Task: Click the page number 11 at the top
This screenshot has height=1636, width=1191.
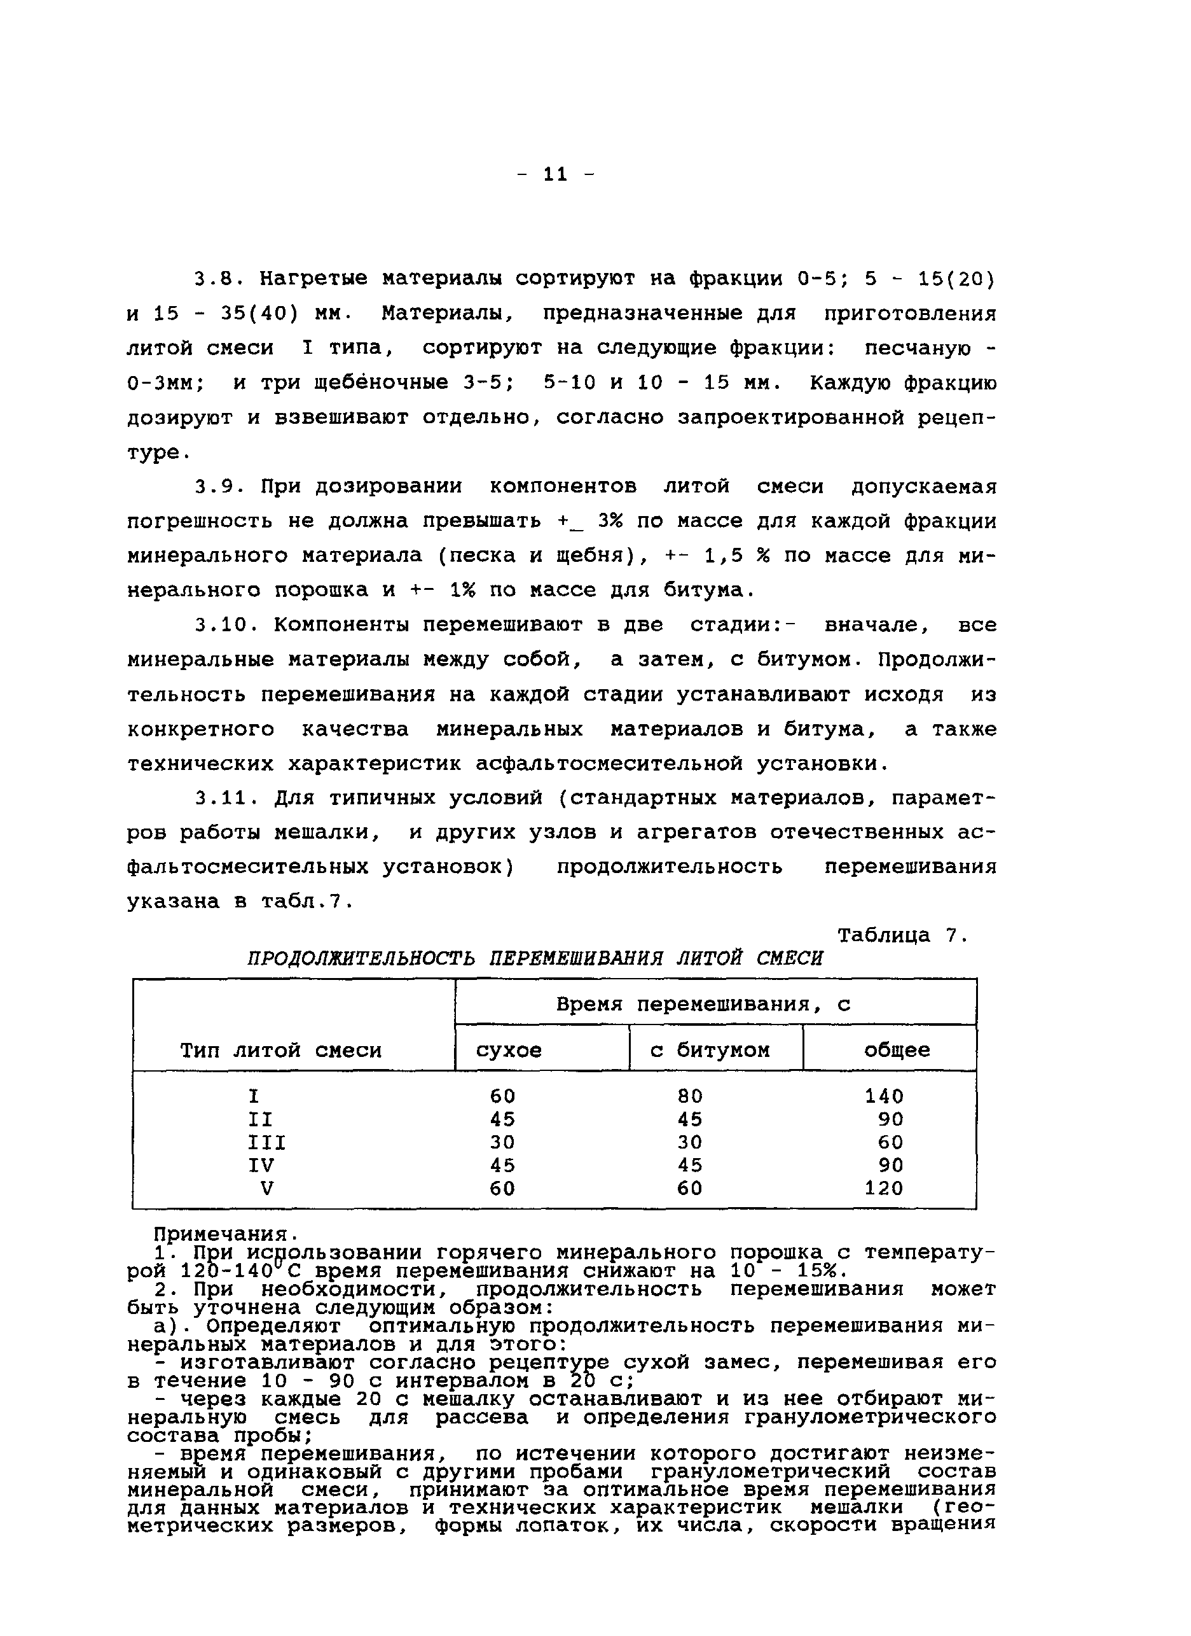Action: [x=555, y=174]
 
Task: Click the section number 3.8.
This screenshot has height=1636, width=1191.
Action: [x=220, y=279]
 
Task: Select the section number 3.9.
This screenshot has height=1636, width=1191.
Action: [x=220, y=487]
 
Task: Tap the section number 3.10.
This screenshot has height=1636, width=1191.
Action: [x=226, y=625]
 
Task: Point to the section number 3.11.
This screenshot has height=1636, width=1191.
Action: [x=226, y=799]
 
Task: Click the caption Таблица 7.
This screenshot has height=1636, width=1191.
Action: [x=900, y=935]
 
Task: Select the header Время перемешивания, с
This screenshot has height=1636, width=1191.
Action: [x=703, y=1004]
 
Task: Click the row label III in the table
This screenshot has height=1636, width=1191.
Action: [x=266, y=1143]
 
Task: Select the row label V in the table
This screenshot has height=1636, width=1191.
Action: [x=266, y=1188]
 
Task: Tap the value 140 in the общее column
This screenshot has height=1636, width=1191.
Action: [x=884, y=1096]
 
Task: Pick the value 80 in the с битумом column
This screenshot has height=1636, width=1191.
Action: [x=690, y=1096]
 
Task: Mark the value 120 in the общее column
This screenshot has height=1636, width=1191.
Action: [x=884, y=1188]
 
